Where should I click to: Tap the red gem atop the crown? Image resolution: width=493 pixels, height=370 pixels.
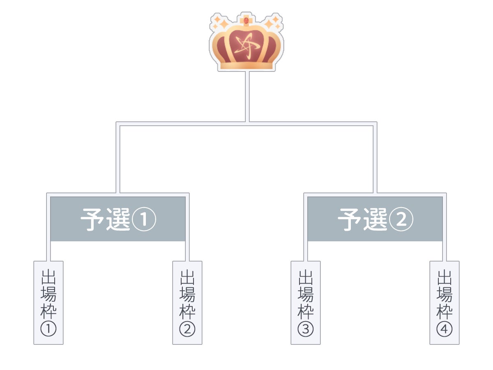246,20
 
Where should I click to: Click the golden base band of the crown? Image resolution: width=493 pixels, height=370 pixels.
246,65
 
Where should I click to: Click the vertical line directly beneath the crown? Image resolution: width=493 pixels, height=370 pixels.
247,97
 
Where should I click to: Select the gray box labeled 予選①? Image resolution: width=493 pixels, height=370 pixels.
118,219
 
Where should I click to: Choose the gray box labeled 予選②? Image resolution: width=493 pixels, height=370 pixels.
375,219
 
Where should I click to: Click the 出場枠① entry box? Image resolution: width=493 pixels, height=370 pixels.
48,303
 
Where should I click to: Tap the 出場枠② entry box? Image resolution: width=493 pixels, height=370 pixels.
187,303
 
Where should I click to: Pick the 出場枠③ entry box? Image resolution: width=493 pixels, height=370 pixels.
306,303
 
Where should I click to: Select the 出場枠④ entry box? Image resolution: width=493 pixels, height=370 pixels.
445,303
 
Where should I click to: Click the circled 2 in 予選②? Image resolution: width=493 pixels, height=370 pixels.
401,220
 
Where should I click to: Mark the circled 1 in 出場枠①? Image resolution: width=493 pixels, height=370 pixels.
48,329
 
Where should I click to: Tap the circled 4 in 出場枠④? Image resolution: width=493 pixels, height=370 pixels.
445,329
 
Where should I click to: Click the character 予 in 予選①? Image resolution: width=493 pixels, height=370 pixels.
92,220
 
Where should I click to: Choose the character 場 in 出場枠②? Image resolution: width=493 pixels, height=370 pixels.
187,294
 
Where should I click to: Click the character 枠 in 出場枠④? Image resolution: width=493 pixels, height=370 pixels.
445,312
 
